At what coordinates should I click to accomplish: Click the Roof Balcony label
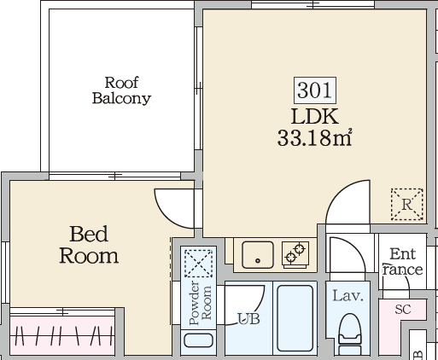pos(121,90)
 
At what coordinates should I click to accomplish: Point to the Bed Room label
pos(88,244)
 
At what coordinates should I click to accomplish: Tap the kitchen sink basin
pos(255,253)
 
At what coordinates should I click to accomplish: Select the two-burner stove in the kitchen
pos(295,253)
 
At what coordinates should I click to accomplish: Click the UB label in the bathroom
pos(248,319)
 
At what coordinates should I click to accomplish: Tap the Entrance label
pos(402,262)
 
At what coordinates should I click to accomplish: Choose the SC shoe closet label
pos(403,310)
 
